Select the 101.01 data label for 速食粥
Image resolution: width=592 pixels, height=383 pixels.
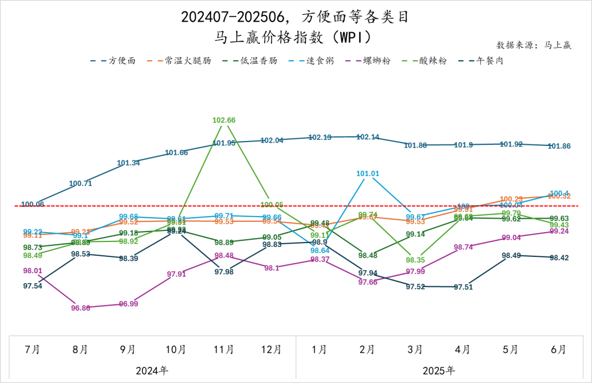[368, 173]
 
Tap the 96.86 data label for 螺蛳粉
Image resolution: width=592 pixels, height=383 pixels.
[81, 308]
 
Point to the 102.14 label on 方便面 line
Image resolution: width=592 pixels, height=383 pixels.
[368, 137]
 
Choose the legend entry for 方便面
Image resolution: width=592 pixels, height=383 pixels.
[113, 60]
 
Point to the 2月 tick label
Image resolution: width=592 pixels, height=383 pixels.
[368, 350]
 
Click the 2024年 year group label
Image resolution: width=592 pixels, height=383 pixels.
[152, 370]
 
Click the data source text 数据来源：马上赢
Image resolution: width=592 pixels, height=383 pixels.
[534, 45]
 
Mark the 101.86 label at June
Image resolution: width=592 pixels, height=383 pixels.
[559, 146]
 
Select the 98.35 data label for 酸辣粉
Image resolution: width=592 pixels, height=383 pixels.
[415, 260]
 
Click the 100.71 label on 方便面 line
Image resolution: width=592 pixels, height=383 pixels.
[81, 183]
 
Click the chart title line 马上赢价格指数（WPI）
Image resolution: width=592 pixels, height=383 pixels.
[295, 37]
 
